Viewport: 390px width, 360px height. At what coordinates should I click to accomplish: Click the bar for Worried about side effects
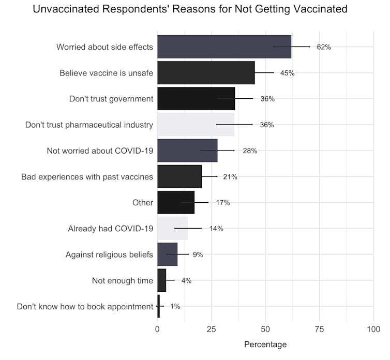(x=224, y=47)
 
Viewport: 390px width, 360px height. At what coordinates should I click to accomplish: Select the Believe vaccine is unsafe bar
(x=206, y=73)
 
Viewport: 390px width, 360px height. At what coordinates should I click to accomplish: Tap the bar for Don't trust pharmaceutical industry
(x=196, y=125)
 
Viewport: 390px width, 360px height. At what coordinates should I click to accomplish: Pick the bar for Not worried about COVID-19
(x=187, y=151)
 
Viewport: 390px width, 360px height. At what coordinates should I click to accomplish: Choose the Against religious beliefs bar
(x=167, y=254)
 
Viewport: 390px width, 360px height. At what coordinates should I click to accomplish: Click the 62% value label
(x=323, y=47)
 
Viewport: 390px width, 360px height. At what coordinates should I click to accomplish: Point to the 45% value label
(x=287, y=73)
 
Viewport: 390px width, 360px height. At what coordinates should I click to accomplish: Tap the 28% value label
(x=250, y=151)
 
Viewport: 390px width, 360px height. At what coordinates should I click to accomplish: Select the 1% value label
(x=175, y=306)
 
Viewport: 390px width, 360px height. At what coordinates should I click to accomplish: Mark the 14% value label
(x=216, y=229)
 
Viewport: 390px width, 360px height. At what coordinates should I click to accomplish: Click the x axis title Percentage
(x=265, y=344)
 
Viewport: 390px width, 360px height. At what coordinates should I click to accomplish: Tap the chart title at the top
(x=190, y=9)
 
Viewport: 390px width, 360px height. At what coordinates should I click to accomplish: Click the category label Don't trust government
(x=111, y=99)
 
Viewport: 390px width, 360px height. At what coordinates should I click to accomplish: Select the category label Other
(x=143, y=203)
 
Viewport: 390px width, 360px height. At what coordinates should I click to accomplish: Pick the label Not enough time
(x=123, y=280)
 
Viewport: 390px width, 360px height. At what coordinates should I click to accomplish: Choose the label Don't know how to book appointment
(x=85, y=306)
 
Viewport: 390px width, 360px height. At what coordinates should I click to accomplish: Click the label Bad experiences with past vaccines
(x=87, y=177)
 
